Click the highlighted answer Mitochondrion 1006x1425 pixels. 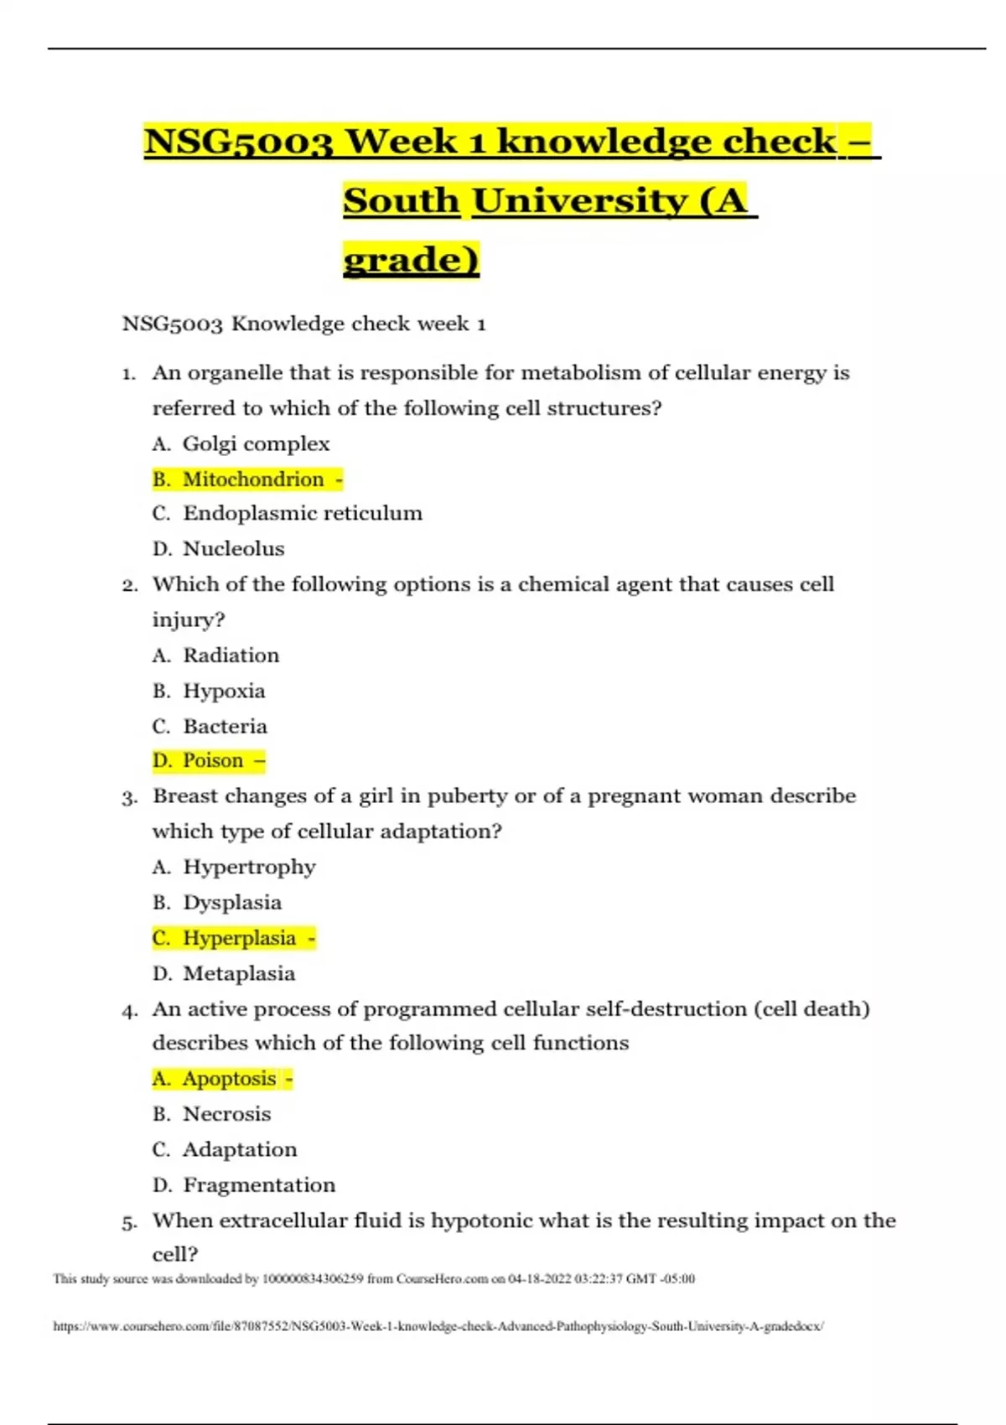click(x=252, y=479)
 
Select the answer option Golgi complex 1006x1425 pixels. click(x=256, y=443)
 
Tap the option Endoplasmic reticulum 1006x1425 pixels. click(x=302, y=513)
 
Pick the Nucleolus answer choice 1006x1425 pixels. click(x=233, y=549)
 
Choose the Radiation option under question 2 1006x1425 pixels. click(x=231, y=655)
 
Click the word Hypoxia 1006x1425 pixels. click(x=224, y=692)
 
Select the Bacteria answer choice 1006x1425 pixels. click(x=225, y=727)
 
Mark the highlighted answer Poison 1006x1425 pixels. click(x=213, y=761)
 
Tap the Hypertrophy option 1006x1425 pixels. click(x=249, y=867)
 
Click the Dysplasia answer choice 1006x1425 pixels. click(x=232, y=903)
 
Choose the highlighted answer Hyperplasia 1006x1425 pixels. click(x=239, y=938)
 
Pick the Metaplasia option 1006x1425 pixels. click(x=239, y=974)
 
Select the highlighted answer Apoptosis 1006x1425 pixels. click(x=229, y=1079)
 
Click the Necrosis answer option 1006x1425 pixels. click(x=226, y=1114)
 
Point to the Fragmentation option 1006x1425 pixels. click(x=259, y=1185)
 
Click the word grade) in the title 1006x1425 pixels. click(x=411, y=260)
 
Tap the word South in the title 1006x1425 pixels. click(x=402, y=201)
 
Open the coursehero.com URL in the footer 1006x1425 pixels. click(x=438, y=1327)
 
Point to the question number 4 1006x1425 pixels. click(x=129, y=1011)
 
